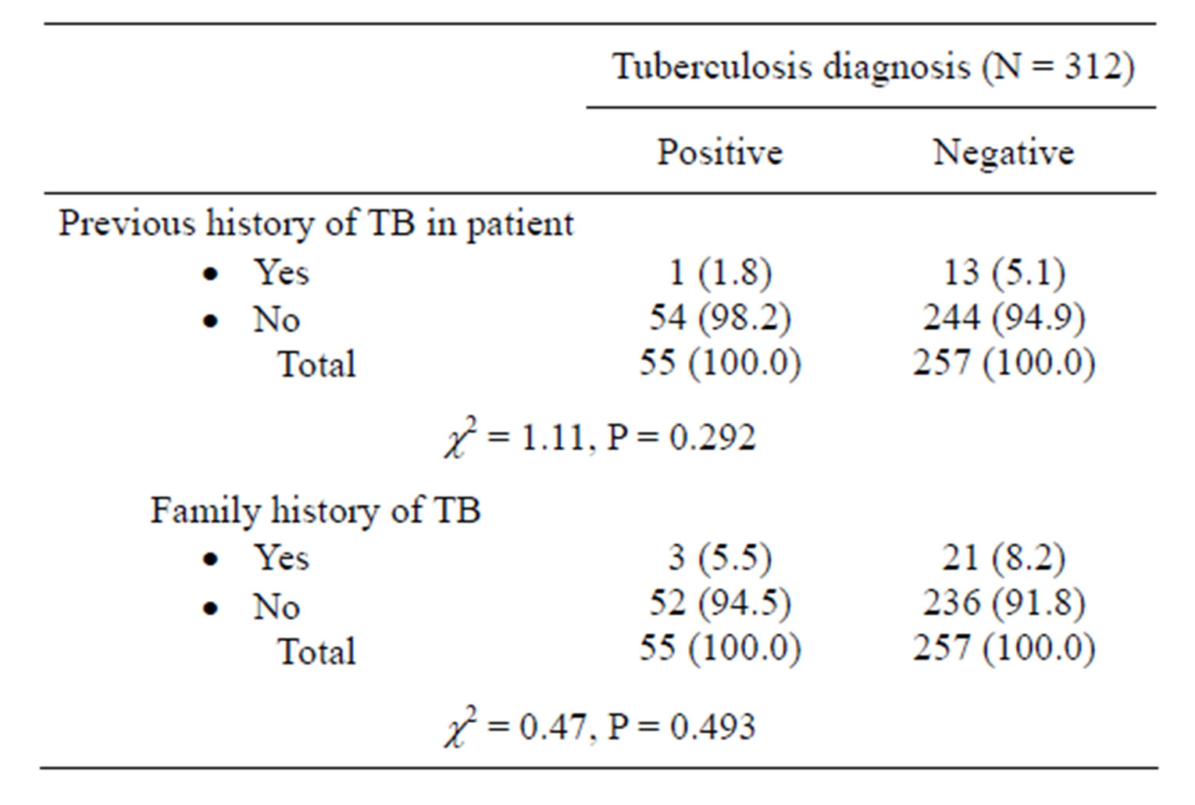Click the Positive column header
pos(719,152)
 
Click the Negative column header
pos(1003,152)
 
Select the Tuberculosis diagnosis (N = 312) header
pos(872,67)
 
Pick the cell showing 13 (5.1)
pos(1004,272)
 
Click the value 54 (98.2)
pos(720,317)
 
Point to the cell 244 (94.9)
pos(1004,317)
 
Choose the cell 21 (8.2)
pos(1004,557)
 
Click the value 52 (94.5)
pos(720,603)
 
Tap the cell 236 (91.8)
pos(1004,603)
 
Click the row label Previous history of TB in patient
pos(316,224)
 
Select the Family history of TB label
pos(315,511)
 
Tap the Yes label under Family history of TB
pos(281,558)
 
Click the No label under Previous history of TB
pos(276,320)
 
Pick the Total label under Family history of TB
pos(317,651)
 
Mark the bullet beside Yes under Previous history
pos(210,274)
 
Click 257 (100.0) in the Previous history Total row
pos(1004,363)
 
